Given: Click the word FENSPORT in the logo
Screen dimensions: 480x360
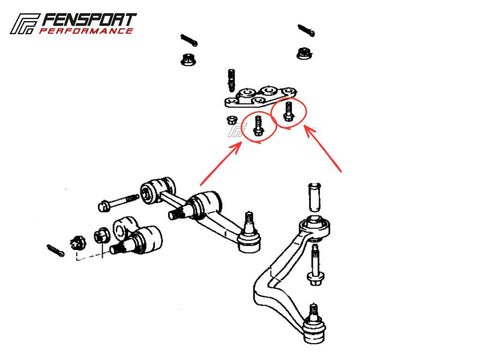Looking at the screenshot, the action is click(x=89, y=20).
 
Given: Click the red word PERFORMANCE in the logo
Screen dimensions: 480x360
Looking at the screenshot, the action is click(x=86, y=31).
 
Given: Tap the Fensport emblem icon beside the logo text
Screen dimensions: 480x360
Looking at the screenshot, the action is click(x=24, y=24).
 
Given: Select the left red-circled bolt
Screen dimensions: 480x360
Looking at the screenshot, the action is click(x=258, y=126).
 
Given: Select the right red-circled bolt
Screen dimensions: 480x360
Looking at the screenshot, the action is click(x=288, y=111).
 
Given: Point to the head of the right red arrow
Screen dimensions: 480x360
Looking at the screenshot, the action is click(x=309, y=132).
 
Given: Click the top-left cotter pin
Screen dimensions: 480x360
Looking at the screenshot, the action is click(x=189, y=40).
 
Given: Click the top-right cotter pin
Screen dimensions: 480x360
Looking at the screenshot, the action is click(x=306, y=31).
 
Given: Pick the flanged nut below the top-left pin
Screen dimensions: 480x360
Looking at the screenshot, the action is click(x=188, y=59).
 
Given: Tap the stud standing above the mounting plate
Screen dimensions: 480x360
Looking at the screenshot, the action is click(x=231, y=79).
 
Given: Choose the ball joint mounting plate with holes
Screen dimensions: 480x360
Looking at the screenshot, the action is click(x=261, y=97).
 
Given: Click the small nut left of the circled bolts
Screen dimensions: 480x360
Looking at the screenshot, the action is click(x=231, y=120).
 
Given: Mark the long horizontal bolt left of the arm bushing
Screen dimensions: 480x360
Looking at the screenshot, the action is click(x=119, y=202).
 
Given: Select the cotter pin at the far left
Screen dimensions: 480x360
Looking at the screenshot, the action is click(x=55, y=250).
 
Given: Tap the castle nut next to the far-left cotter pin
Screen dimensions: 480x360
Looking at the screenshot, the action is click(x=77, y=243).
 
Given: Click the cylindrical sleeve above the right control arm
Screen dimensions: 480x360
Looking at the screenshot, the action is click(x=315, y=197).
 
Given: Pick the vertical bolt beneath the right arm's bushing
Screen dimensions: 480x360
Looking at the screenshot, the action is click(x=315, y=265).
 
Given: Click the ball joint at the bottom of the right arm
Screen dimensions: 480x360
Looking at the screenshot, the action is click(x=314, y=324).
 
